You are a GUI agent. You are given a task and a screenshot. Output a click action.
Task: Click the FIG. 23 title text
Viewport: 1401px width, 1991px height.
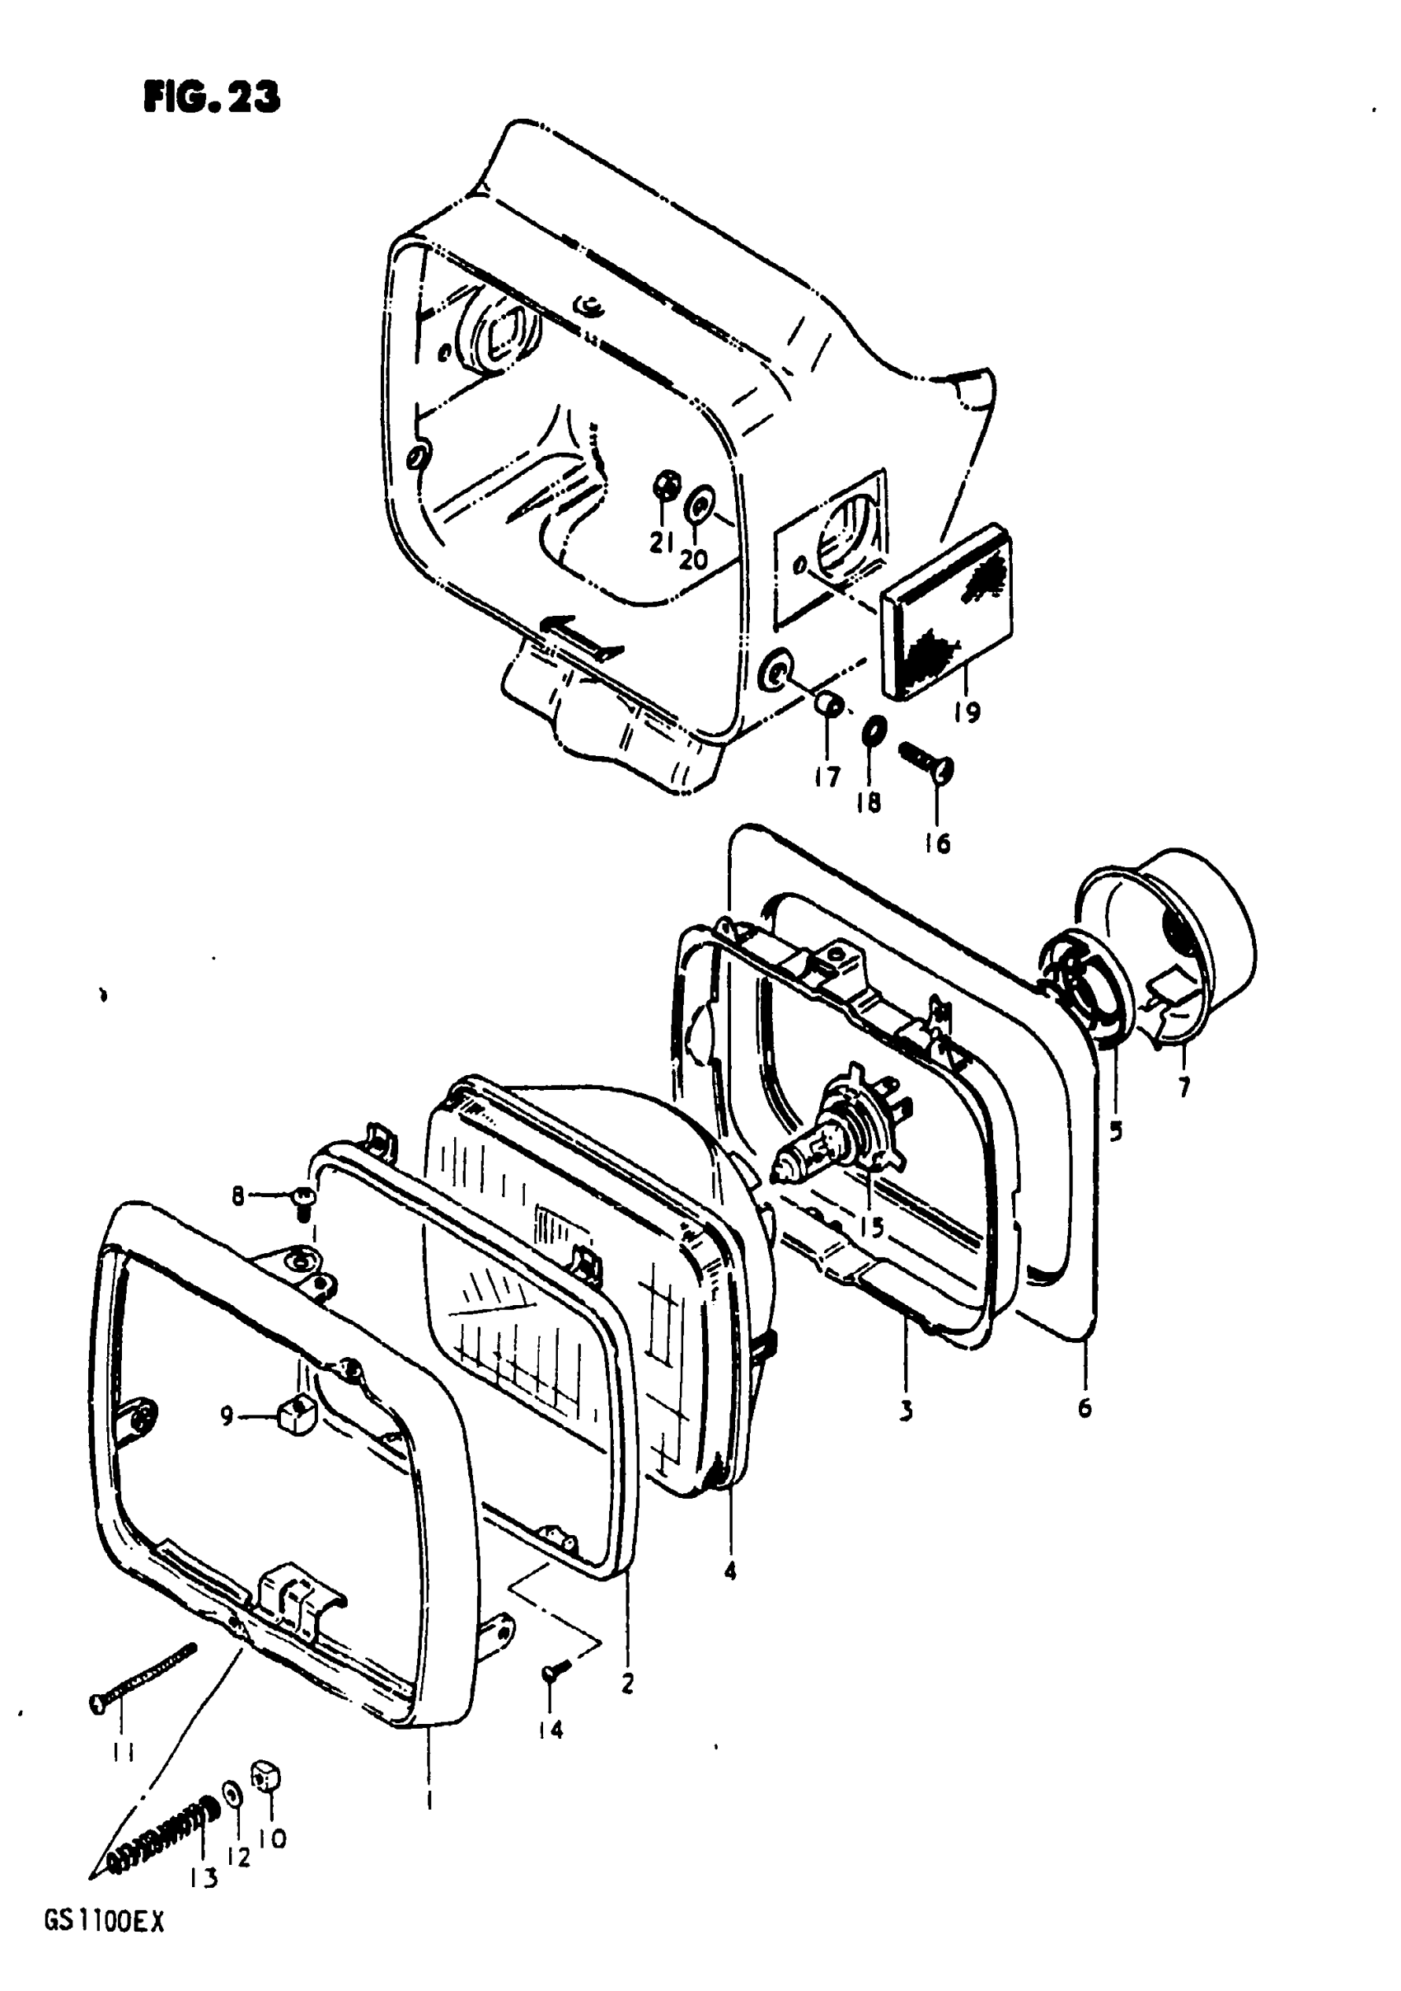tap(212, 98)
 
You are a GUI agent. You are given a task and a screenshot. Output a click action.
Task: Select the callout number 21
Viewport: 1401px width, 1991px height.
tap(663, 542)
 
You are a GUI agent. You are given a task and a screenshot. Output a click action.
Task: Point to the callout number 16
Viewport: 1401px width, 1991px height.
tap(937, 842)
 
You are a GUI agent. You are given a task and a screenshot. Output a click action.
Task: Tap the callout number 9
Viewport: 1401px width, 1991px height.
tap(227, 1417)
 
